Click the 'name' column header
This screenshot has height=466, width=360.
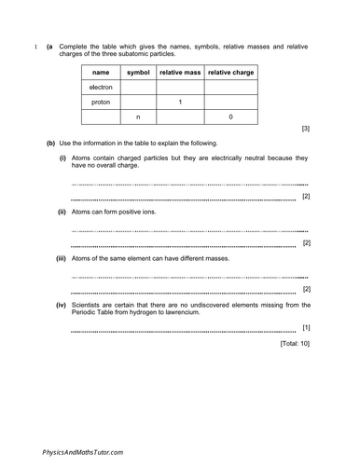102,72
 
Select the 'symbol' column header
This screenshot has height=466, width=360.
138,72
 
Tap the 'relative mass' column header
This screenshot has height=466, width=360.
180,72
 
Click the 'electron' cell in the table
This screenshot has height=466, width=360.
102,87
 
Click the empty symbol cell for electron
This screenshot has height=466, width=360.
138,87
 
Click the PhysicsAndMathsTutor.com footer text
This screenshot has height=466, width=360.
83,451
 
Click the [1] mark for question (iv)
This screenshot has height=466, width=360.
306,328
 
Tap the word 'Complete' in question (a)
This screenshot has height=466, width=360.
76,45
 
